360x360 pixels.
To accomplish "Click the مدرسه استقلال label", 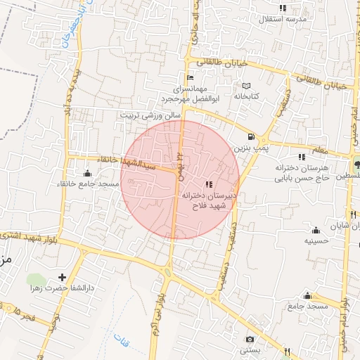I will [x=283, y=19].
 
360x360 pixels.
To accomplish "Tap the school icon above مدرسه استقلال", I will [x=283, y=8].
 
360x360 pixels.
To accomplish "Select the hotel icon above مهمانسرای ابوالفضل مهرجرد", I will [x=190, y=77].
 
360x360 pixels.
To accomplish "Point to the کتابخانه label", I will [x=247, y=96].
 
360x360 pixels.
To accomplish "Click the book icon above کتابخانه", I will [x=245, y=85].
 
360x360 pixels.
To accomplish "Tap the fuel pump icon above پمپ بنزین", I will [x=252, y=136].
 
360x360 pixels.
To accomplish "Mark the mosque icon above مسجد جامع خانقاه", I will [x=87, y=173].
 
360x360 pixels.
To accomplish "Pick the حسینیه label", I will [x=316, y=240].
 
